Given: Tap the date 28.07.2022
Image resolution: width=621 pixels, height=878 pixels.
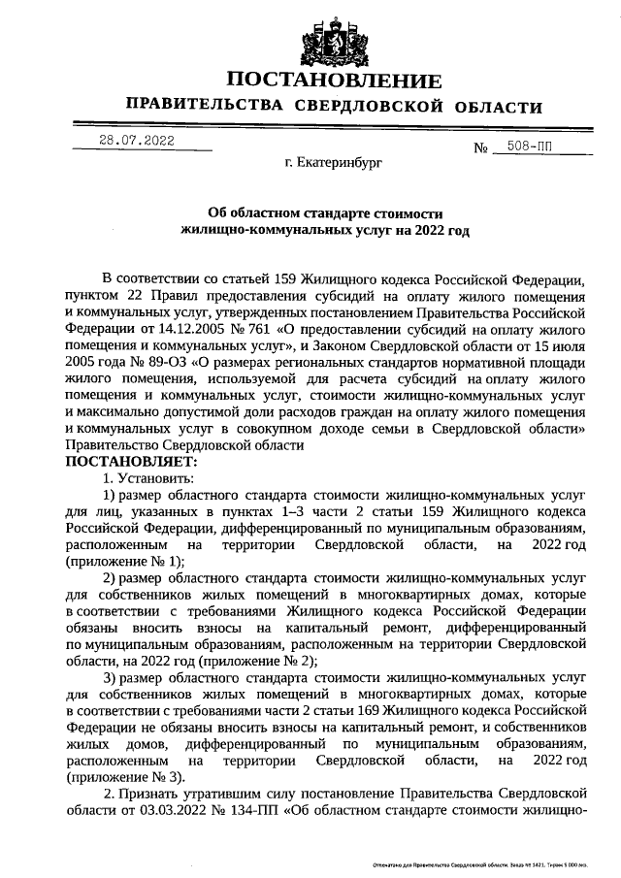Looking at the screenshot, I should [136, 140].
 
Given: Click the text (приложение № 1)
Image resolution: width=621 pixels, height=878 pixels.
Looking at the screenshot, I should [123, 561].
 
